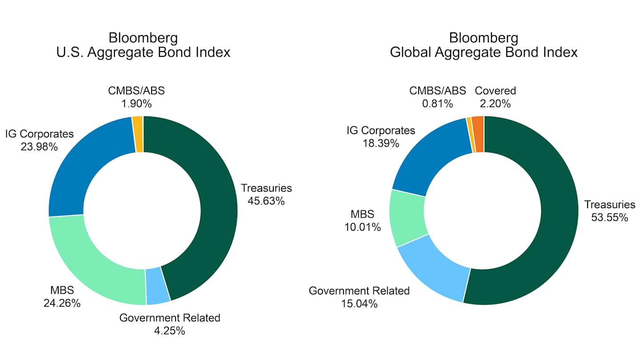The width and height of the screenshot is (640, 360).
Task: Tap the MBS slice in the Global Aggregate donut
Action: click(x=408, y=218)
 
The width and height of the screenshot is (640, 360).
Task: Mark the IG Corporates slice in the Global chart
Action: click(x=427, y=156)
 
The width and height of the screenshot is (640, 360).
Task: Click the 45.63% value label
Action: click(x=266, y=201)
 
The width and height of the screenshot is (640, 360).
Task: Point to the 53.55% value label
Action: click(x=609, y=217)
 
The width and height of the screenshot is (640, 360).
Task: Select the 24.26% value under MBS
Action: click(x=62, y=304)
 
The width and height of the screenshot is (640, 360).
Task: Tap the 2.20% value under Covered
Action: click(x=496, y=104)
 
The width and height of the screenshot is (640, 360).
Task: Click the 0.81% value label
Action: click(x=437, y=104)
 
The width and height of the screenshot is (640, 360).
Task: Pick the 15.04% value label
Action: click(x=359, y=304)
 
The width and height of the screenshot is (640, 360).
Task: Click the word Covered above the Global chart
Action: click(x=496, y=91)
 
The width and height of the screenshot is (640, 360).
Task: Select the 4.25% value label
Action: click(x=170, y=331)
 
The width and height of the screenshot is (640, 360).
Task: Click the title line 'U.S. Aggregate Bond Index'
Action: click(x=143, y=52)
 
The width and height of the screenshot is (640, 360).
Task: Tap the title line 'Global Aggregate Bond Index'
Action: click(x=484, y=52)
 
